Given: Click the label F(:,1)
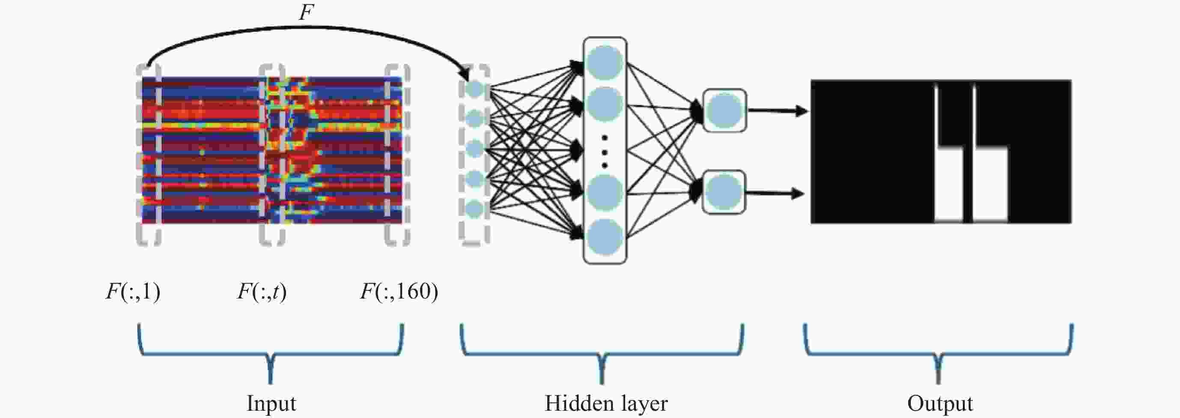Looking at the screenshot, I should [x=133, y=292].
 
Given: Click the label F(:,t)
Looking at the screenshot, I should [x=262, y=292].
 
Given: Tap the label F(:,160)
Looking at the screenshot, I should [x=399, y=292].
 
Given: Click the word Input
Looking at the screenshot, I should [x=271, y=403].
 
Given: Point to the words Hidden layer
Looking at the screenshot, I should [x=605, y=403].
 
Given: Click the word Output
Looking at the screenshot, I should [x=940, y=403].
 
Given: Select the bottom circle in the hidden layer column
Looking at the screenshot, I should [x=605, y=236].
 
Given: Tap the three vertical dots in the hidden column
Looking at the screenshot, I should [x=605, y=151].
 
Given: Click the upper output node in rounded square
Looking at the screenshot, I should [x=724, y=110].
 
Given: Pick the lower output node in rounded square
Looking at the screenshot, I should [x=724, y=192].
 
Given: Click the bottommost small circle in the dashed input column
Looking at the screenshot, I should [x=474, y=209].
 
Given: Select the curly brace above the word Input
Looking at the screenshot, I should [x=271, y=353].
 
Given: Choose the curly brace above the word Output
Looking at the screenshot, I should [x=939, y=353].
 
